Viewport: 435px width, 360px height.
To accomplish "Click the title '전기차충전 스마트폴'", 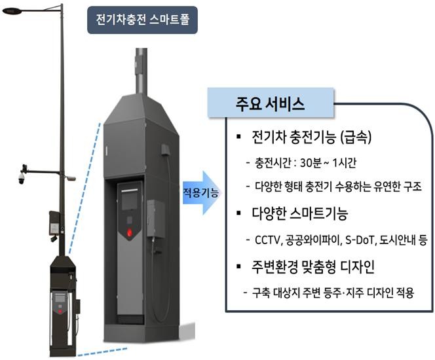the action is tap(143, 20).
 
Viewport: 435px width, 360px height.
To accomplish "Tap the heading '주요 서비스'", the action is tap(270, 104).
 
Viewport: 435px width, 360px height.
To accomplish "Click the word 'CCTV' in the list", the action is tap(267, 240).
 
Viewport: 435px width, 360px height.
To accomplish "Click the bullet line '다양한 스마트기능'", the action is tap(299, 213).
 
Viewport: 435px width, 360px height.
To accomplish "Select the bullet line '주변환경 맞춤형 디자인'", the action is tap(313, 267).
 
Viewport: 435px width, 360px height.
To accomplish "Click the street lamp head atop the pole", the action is tap(12, 11).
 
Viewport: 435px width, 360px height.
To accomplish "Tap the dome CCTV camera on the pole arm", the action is tap(22, 179).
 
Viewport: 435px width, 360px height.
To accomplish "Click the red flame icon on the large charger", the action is tap(130, 232).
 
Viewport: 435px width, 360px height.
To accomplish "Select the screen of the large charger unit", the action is tap(130, 201).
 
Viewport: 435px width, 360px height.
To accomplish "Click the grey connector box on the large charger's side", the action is tap(156, 219).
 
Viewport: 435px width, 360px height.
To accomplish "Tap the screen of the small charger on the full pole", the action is tap(60, 298).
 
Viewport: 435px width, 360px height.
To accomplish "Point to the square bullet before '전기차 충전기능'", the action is tap(238, 137).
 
